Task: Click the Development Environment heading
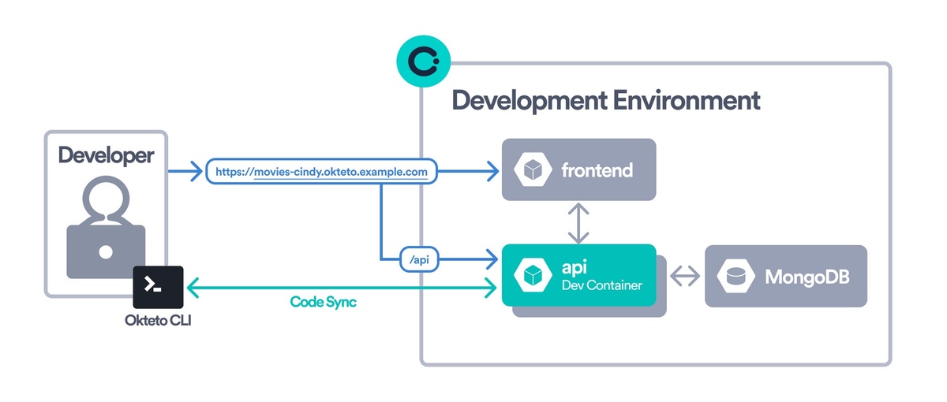(x=605, y=101)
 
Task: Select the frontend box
(x=578, y=169)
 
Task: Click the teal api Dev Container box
(x=578, y=275)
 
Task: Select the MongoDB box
(x=785, y=276)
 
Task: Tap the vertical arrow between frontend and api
(x=579, y=222)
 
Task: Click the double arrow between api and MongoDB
(x=684, y=276)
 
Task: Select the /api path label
(x=418, y=259)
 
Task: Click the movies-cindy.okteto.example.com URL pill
(x=321, y=170)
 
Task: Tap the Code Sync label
(x=323, y=302)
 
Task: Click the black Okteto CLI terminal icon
(x=158, y=287)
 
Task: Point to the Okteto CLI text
(x=158, y=320)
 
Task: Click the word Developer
(x=106, y=155)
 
